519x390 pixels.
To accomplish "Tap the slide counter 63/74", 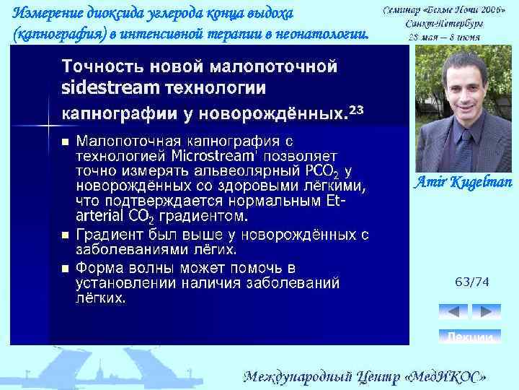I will pos(471,282).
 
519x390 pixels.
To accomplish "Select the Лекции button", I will pos(470,337).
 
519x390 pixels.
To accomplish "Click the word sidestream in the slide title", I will pos(105,88).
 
